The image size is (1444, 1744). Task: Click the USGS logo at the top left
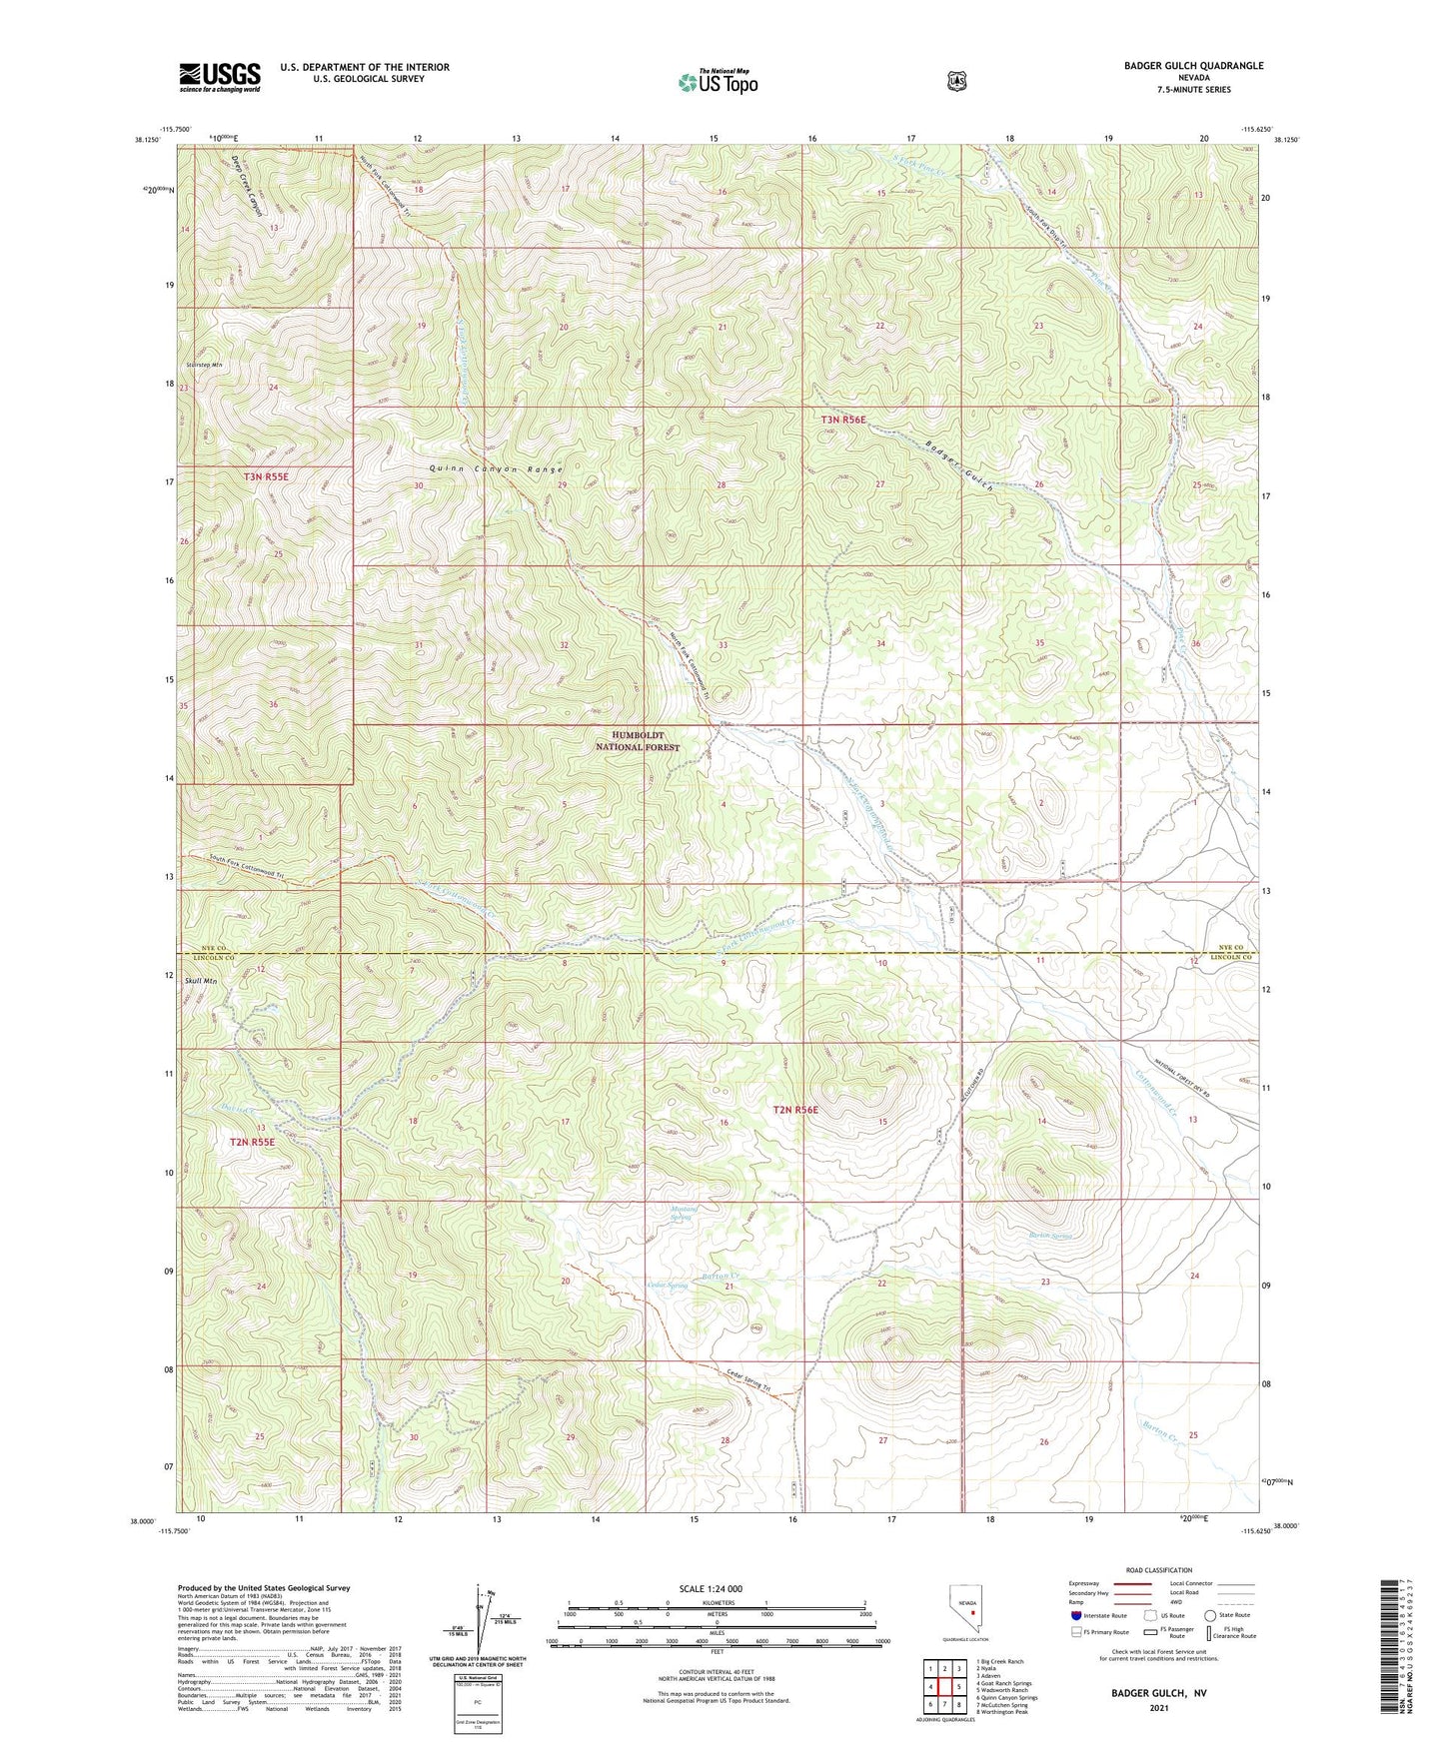220,77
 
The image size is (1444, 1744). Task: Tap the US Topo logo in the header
717,82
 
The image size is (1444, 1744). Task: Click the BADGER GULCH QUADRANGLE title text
1178,66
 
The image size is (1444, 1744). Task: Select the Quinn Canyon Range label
497,469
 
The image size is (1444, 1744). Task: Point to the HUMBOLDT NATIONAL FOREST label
638,741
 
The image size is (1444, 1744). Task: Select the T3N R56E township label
843,421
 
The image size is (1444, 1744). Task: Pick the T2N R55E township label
251,1142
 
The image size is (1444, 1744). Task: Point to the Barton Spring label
1050,1236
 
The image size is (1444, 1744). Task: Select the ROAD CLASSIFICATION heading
1159,1570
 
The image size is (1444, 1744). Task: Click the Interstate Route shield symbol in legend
1075,1615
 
